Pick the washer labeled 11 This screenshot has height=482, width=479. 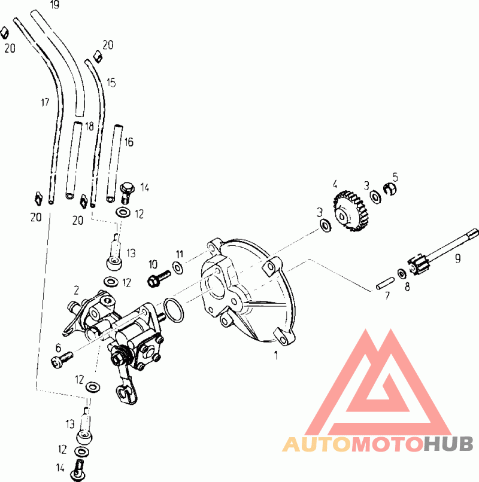coord(178,267)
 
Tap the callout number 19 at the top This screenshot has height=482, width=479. coord(55,5)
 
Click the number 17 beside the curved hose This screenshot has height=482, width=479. coord(45,103)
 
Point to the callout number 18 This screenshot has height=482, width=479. coord(89,126)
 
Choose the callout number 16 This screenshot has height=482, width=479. coord(129,142)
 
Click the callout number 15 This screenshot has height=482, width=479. coord(111,83)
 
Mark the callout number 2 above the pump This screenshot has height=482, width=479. coord(77,290)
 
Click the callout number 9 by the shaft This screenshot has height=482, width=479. coord(457,258)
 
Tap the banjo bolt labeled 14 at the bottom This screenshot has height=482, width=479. coord(79,468)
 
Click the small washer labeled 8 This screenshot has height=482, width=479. coord(400,273)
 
